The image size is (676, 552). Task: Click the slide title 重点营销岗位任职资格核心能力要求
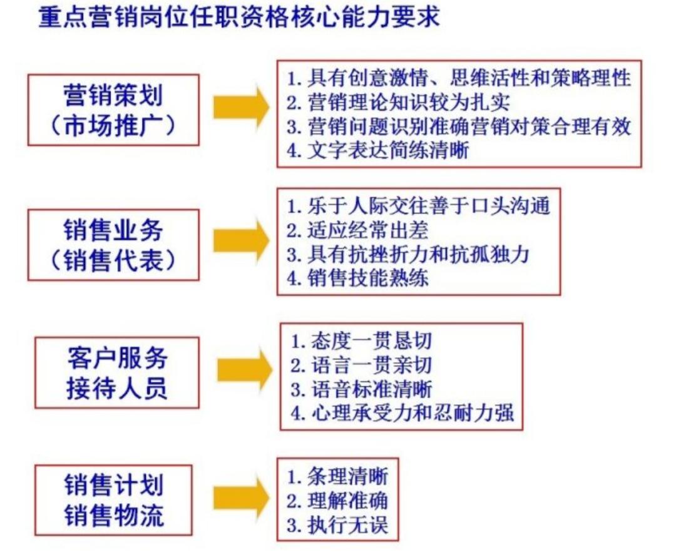(238, 17)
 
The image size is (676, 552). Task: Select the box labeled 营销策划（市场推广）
(113, 110)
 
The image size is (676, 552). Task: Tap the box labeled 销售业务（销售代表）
(113, 244)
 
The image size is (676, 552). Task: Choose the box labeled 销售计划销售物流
(113, 500)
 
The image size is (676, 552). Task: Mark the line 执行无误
(338, 524)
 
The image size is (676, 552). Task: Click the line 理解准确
(338, 501)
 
